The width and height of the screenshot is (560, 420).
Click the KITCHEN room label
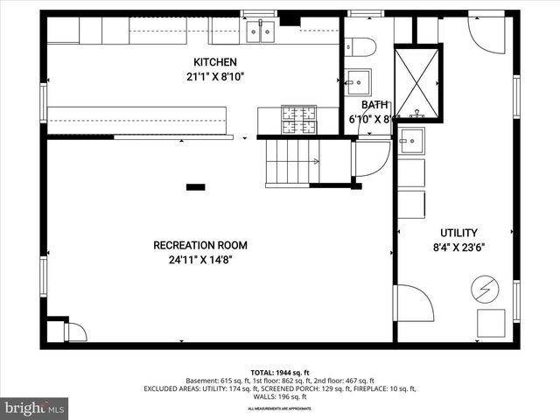click(x=214, y=62)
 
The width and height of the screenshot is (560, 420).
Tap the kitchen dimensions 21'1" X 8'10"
click(x=214, y=76)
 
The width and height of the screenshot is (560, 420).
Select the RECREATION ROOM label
click(x=200, y=245)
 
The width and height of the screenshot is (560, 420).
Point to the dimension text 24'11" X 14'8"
click(x=200, y=259)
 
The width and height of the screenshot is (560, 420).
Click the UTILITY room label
click(x=458, y=233)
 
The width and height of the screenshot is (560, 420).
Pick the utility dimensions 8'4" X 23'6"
click(x=458, y=247)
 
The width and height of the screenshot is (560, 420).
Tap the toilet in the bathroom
click(x=360, y=46)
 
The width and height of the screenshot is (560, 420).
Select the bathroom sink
click(x=357, y=82)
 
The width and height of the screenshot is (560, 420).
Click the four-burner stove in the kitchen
click(x=298, y=120)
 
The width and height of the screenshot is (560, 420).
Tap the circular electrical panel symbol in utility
click(x=483, y=286)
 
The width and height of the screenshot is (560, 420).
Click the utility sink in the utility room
click(x=410, y=140)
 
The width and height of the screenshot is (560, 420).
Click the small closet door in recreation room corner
click(x=75, y=332)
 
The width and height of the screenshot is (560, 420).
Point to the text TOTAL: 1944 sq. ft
click(x=279, y=373)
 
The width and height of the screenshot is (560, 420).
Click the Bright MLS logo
click(x=35, y=408)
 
